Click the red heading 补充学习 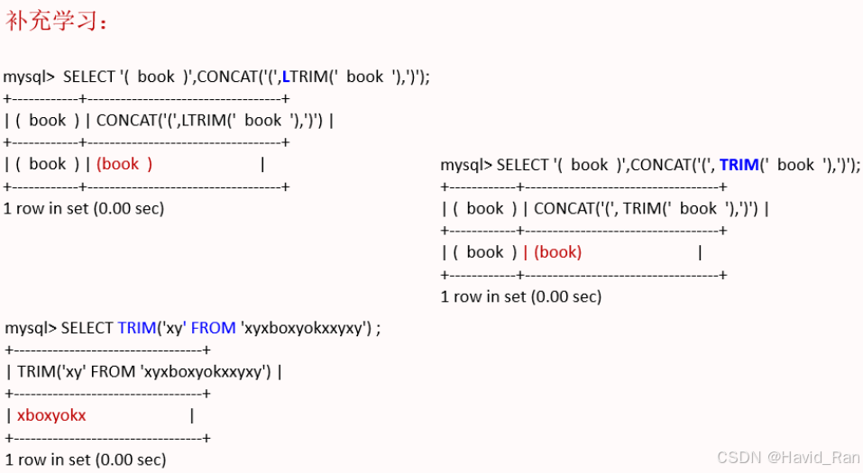pos(57,22)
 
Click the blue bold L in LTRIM pos(287,77)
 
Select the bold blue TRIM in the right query pos(739,165)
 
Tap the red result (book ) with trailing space pos(124,164)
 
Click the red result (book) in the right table pos(558,252)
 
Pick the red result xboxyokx pos(51,415)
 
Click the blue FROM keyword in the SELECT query pos(213,328)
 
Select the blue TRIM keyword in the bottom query pos(137,328)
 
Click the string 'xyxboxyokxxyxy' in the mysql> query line pos(306,328)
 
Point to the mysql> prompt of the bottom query pos(31,328)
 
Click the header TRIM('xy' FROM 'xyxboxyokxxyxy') pos(143,371)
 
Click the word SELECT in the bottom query pos(87,328)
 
